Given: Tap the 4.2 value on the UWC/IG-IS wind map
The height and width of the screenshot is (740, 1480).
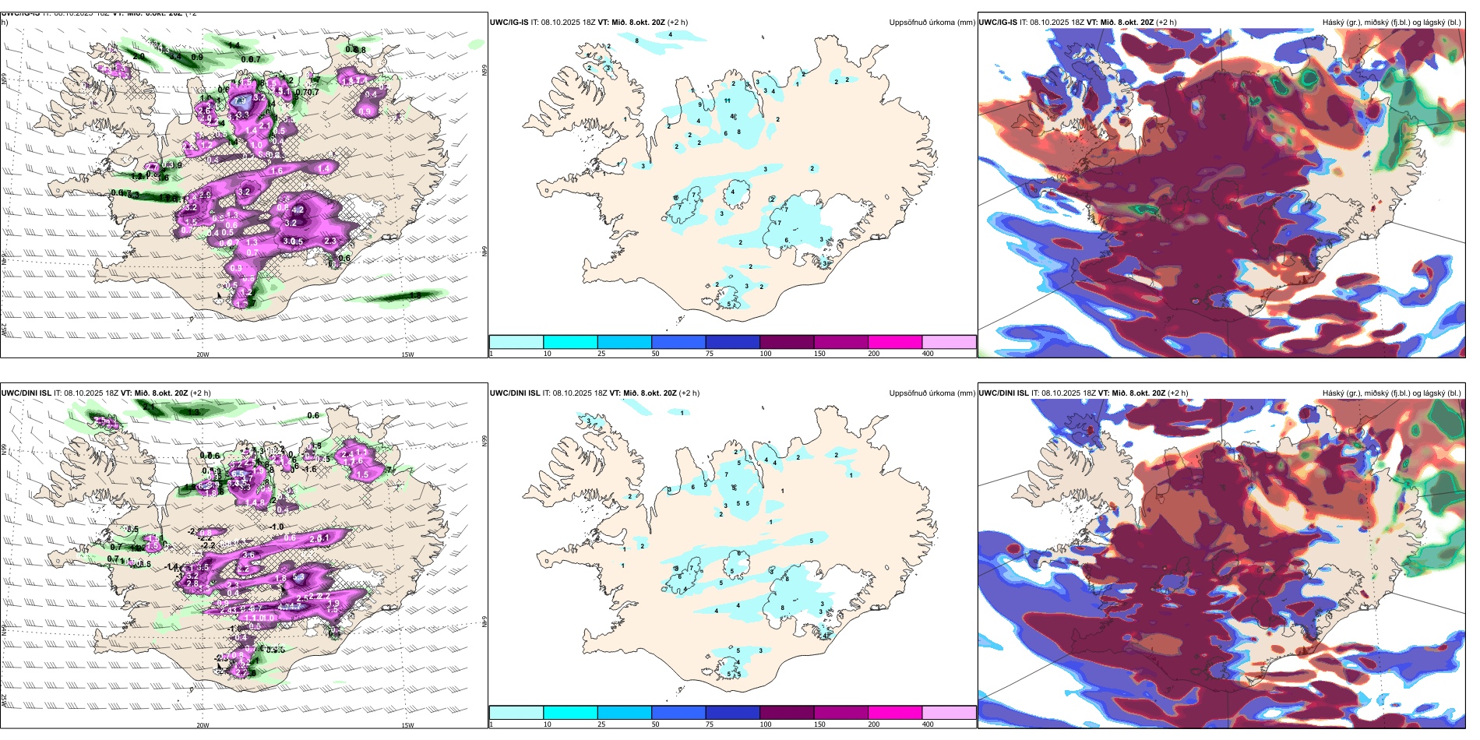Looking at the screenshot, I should pos(297,210).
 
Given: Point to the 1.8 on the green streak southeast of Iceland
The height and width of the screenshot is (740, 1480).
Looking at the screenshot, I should pos(415,296).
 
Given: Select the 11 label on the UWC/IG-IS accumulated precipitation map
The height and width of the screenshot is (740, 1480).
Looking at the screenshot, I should pos(727,100).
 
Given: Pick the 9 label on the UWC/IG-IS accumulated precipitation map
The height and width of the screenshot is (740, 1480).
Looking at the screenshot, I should pos(700,105).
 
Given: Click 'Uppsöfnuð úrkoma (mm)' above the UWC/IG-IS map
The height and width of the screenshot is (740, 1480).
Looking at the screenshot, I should pos(932,23).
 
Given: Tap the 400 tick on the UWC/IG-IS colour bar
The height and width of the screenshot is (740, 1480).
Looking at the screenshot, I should pos(928,354).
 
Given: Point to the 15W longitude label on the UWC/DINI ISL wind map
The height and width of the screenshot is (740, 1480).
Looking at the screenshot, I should pos(407,725).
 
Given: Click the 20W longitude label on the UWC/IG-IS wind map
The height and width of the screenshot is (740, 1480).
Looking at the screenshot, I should pos(203,354).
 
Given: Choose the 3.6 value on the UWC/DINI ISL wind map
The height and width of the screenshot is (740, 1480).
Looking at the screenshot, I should pos(248,555).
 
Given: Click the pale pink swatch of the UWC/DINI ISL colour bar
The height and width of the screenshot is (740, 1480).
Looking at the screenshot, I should pos(949,712).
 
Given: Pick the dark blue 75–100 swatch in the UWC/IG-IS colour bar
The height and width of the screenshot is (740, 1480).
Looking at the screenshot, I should pos(732,341).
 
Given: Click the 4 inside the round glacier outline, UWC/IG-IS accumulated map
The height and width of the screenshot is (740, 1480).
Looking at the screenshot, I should pos(732,192).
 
